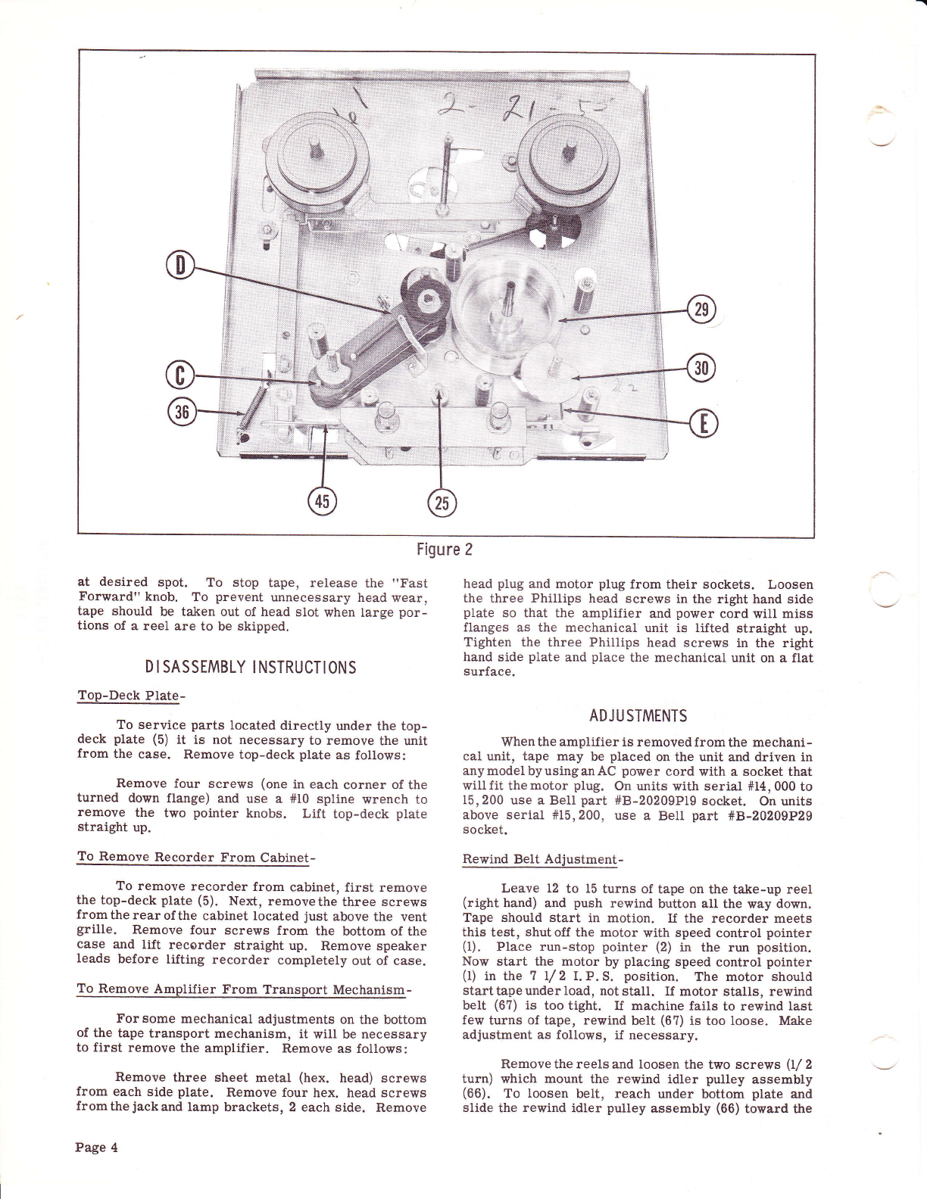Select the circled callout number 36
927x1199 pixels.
coord(180,413)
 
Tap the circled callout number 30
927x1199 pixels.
coord(701,369)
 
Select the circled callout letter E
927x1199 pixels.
coord(704,425)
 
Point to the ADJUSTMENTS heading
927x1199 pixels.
coord(638,716)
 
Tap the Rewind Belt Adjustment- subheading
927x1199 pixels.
coord(542,859)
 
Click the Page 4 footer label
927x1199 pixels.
coord(96,1147)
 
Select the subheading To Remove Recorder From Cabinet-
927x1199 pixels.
coord(196,858)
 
